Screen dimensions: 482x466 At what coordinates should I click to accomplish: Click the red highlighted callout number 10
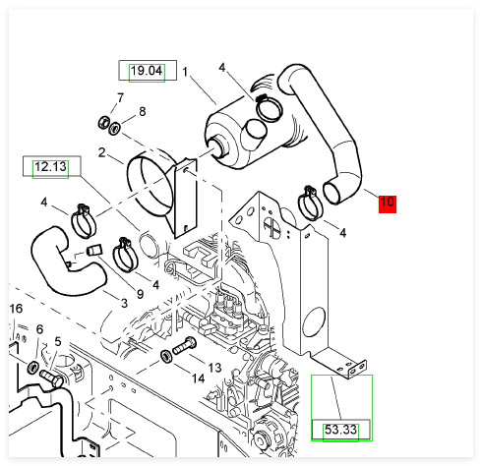point(388,204)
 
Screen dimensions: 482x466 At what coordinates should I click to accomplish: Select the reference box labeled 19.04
point(148,70)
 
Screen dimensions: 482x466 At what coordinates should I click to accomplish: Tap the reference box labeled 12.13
point(51,166)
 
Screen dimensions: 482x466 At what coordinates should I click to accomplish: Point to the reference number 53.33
point(340,430)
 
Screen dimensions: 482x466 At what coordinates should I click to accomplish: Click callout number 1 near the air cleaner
point(185,72)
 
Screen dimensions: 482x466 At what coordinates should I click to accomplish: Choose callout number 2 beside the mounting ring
point(101,152)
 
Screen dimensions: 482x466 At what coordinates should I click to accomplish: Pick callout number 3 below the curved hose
point(124,303)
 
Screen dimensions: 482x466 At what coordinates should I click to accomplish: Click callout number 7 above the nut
point(121,97)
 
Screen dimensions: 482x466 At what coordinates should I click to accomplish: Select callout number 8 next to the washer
point(143,111)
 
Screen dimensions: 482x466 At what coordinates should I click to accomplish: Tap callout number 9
point(140,294)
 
